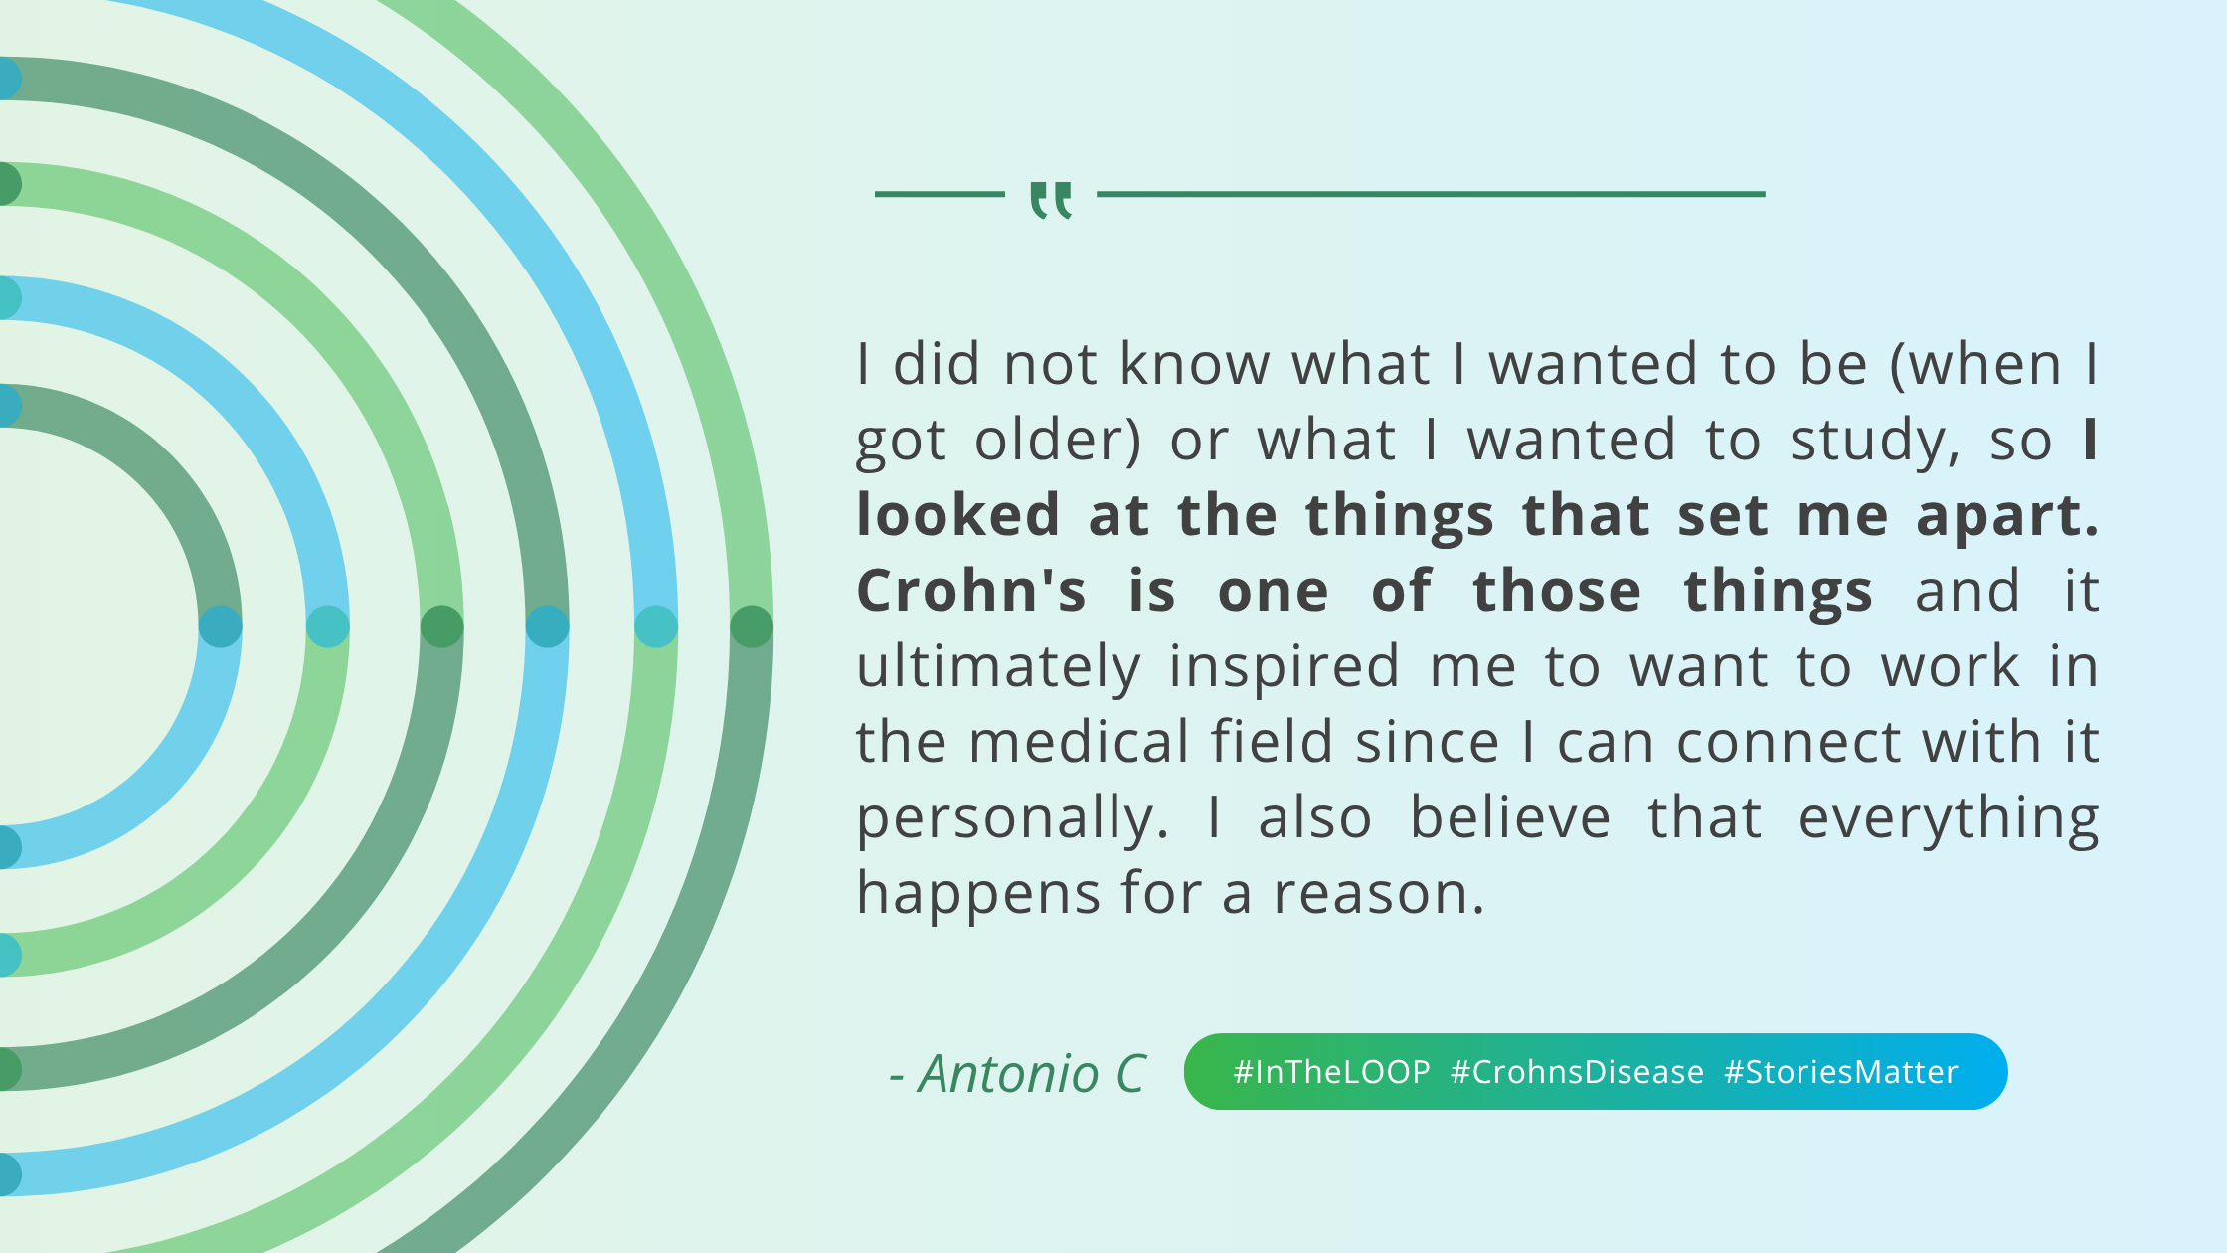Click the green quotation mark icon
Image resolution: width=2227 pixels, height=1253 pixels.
coord(1051,200)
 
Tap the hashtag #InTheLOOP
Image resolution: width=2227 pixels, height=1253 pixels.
coord(1331,1072)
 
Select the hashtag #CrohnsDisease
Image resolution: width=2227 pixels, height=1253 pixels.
coord(1577,1072)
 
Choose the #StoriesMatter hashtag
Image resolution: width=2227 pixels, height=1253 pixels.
coord(1841,1072)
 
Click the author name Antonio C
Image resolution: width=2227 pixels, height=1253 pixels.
coord(1031,1074)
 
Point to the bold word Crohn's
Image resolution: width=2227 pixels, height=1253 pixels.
coord(971,591)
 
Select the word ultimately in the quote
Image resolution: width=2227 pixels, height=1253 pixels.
coord(998,666)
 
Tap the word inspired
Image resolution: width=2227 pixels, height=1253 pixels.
coord(1285,666)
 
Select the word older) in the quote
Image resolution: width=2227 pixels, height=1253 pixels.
coord(1058,440)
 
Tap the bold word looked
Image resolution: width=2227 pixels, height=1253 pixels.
coord(958,515)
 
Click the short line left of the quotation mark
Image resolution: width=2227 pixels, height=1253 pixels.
coord(940,194)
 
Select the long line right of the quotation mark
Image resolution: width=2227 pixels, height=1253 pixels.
coord(1431,194)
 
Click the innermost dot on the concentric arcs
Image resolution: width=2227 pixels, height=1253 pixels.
coord(221,626)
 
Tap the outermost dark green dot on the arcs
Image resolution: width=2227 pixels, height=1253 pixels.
coord(752,626)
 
